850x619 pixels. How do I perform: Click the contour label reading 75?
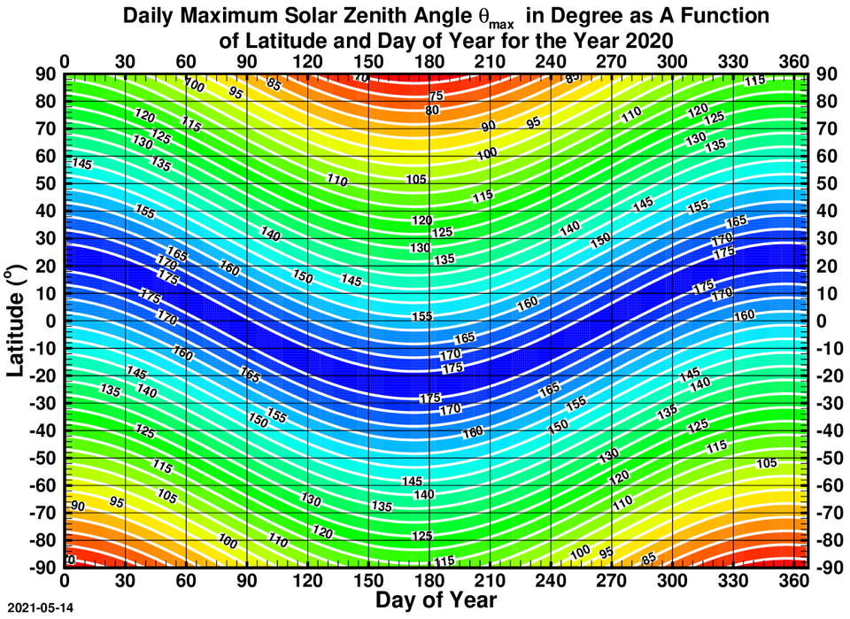[436, 96]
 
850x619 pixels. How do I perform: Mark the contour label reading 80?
[432, 111]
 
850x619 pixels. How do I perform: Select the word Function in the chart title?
[728, 17]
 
